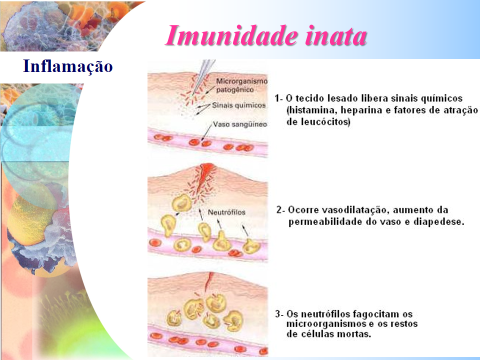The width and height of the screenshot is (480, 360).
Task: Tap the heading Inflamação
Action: pyautogui.click(x=68, y=66)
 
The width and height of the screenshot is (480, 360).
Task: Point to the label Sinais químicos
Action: pyautogui.click(x=239, y=105)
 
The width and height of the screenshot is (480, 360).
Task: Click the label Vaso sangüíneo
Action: pyautogui.click(x=240, y=124)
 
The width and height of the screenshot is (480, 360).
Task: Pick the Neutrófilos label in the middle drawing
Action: pyautogui.click(x=226, y=212)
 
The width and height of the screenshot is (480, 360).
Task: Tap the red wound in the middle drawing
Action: pyautogui.click(x=204, y=177)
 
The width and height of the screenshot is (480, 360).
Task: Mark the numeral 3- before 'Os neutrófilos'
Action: pyautogui.click(x=279, y=314)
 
